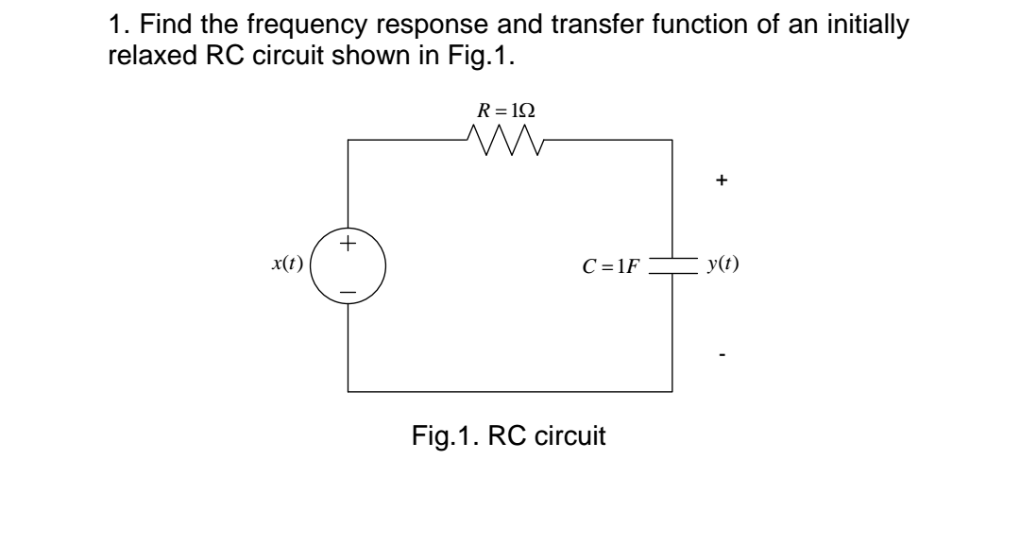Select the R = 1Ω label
pyautogui.click(x=507, y=110)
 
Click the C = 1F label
pyautogui.click(x=611, y=265)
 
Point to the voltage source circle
pyautogui.click(x=348, y=267)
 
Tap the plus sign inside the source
pyautogui.click(x=348, y=244)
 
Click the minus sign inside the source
pyautogui.click(x=348, y=294)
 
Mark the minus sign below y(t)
pyautogui.click(x=722, y=355)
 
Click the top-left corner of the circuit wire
pyautogui.click(x=348, y=141)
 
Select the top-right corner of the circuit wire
pyautogui.click(x=671, y=141)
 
